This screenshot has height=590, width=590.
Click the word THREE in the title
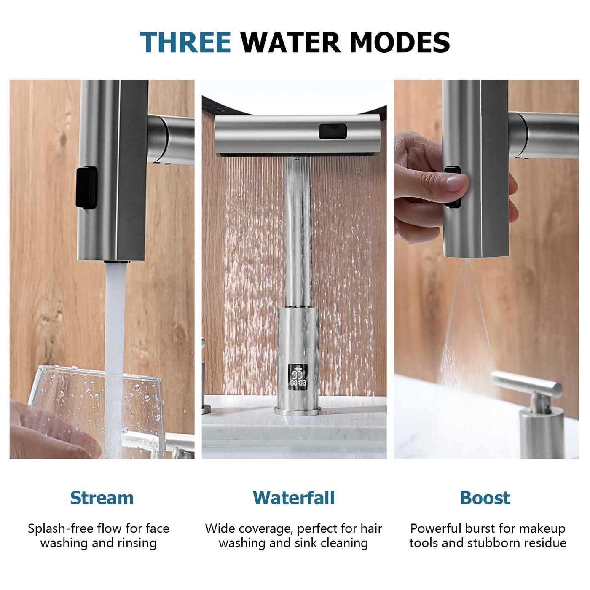tap(185, 43)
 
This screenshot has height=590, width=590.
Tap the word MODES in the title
tap(400, 43)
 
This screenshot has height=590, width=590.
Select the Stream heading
tap(102, 498)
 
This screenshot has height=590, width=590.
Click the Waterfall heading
tap(294, 498)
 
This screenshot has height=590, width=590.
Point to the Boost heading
tap(485, 498)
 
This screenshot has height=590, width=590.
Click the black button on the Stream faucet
tap(87, 188)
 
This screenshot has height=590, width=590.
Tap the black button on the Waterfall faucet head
tap(333, 131)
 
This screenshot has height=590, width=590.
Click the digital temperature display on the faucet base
tap(298, 376)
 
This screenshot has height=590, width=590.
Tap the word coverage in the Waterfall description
tap(265, 528)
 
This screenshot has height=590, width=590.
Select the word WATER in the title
tap(290, 43)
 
